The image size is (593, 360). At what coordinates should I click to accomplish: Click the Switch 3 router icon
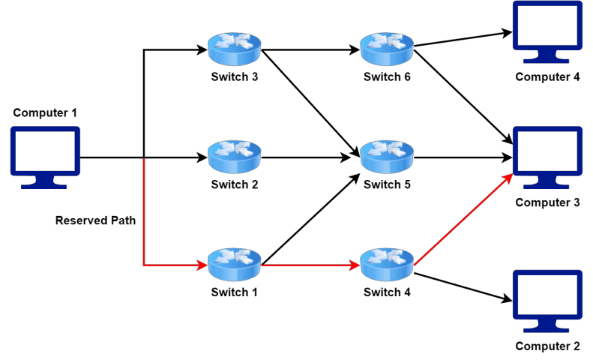click(235, 50)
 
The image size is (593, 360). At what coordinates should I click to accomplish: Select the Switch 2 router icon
click(235, 157)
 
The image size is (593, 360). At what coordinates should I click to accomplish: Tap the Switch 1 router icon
click(235, 264)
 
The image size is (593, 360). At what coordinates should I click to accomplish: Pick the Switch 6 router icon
click(387, 50)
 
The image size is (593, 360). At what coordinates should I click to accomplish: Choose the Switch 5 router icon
click(387, 157)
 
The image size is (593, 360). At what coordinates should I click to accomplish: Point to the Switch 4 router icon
click(387, 264)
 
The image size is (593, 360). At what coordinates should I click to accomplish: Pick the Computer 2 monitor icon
click(547, 301)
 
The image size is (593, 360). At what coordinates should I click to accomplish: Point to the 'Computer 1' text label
click(45, 113)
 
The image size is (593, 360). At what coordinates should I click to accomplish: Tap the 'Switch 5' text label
click(387, 184)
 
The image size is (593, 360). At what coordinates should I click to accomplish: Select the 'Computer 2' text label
click(547, 346)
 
